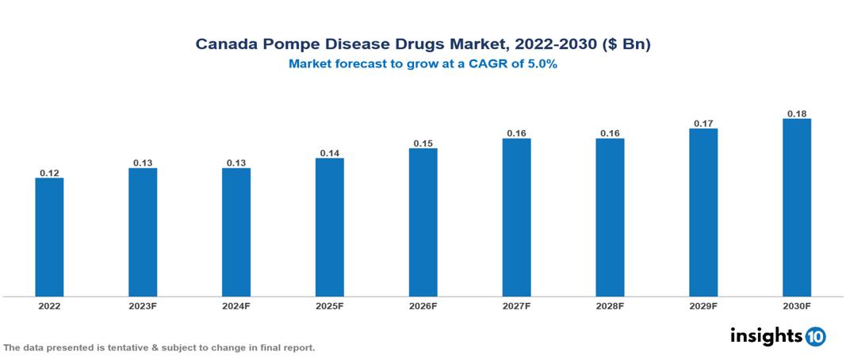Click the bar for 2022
[49, 237]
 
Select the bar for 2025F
[329, 228]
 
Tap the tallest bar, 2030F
[796, 208]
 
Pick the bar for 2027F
[516, 218]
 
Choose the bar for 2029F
[703, 213]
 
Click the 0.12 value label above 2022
[49, 173]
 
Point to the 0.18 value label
[796, 113]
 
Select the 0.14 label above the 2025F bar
[329, 153]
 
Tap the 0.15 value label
[423, 144]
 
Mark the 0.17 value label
[703, 124]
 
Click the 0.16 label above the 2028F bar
[610, 133]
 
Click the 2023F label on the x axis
[143, 306]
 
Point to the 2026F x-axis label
[423, 306]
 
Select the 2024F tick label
[236, 306]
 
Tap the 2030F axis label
[796, 306]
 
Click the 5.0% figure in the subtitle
[542, 65]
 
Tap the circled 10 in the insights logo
[815, 336]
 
